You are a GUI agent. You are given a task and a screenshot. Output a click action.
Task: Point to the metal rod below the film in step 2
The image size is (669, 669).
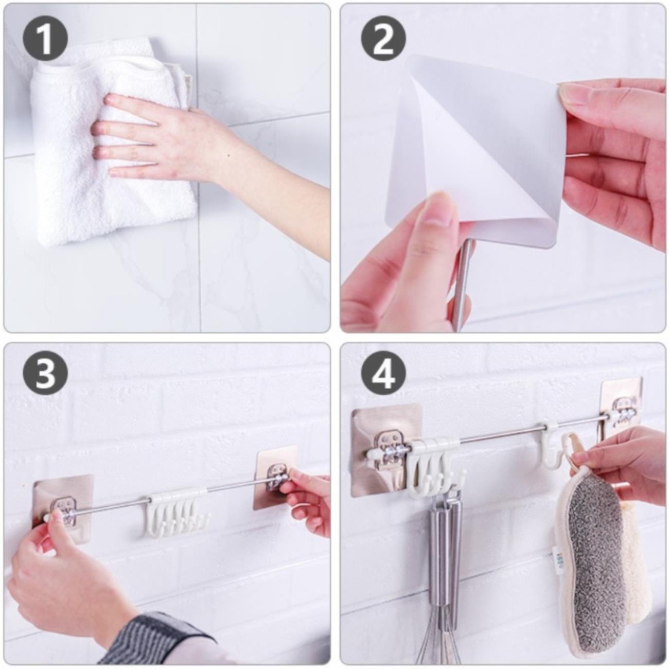point(464,281)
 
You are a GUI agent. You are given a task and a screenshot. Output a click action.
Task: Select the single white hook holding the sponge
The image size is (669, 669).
point(550,448)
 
